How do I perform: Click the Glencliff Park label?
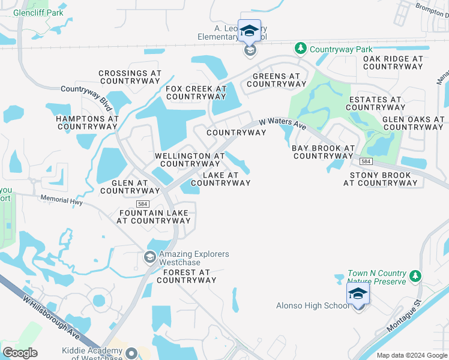(38, 13)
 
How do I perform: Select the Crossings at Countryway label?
(130, 77)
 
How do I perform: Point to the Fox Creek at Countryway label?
(196, 92)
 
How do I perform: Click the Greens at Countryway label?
(276, 80)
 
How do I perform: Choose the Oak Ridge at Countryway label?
(393, 62)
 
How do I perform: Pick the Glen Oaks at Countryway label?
(413, 123)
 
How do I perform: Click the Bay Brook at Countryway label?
(323, 152)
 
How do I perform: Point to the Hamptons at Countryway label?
(87, 122)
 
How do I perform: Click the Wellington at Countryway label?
(190, 160)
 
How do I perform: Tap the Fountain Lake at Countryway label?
(155, 217)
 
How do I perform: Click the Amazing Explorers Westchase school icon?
(150, 258)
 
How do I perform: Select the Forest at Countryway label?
(185, 276)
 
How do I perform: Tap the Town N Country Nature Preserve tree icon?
(415, 277)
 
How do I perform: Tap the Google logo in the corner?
(20, 353)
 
